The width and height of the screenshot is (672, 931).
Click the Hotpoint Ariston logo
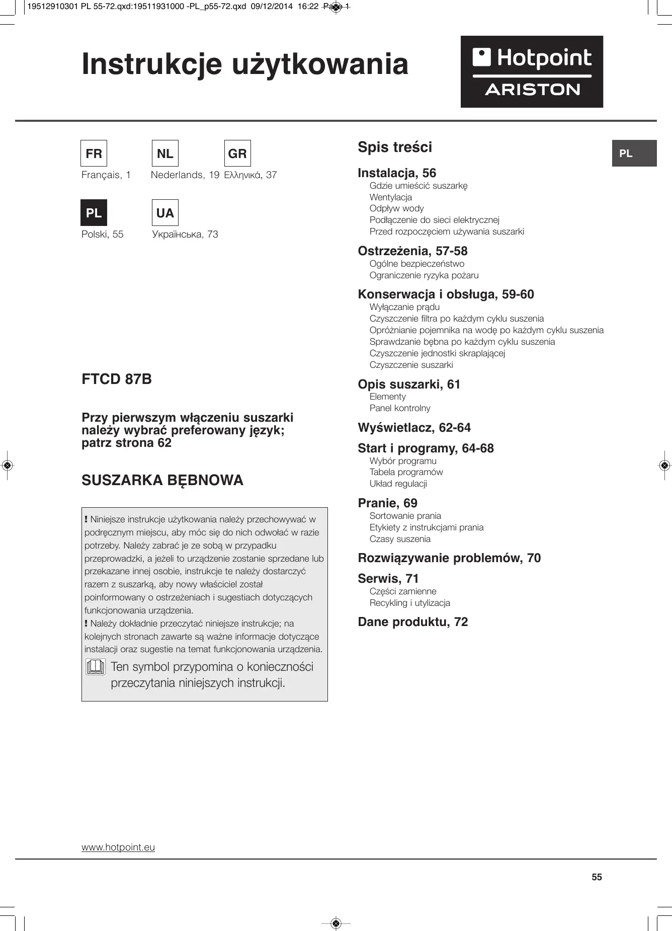click(532, 71)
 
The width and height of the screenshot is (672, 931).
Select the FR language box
click(94, 153)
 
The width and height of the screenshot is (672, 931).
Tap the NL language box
click(165, 153)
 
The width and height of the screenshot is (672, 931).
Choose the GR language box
click(237, 153)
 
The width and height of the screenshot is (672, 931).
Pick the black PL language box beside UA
click(94, 213)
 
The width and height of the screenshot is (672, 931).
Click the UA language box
click(165, 213)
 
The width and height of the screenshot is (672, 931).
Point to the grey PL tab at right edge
click(634, 153)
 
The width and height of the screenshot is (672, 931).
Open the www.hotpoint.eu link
click(118, 847)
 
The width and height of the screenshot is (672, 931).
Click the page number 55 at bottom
click(597, 877)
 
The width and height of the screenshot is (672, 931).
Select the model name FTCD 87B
click(117, 379)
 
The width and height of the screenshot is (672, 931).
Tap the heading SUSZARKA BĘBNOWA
click(162, 480)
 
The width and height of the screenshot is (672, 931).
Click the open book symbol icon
click(96, 667)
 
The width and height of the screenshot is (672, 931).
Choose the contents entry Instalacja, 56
click(397, 173)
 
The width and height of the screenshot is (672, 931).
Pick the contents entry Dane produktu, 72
click(412, 622)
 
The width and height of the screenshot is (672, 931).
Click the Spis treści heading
click(395, 147)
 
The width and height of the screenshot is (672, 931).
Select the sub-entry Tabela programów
click(406, 472)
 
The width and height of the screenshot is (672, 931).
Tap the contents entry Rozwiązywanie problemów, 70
click(449, 558)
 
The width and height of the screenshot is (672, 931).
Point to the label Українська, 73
click(185, 234)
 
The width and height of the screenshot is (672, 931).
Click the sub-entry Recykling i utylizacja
click(409, 603)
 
